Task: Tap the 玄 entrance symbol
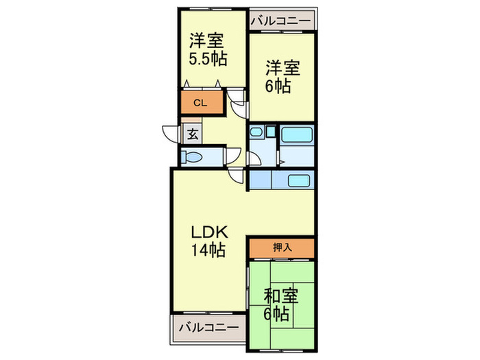click(x=193, y=134)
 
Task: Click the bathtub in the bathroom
click(x=297, y=134)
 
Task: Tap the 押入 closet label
click(x=282, y=247)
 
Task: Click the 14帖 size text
click(x=208, y=250)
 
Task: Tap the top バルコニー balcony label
click(x=282, y=20)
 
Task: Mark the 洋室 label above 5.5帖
click(x=205, y=39)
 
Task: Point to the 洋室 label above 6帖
click(x=283, y=69)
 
